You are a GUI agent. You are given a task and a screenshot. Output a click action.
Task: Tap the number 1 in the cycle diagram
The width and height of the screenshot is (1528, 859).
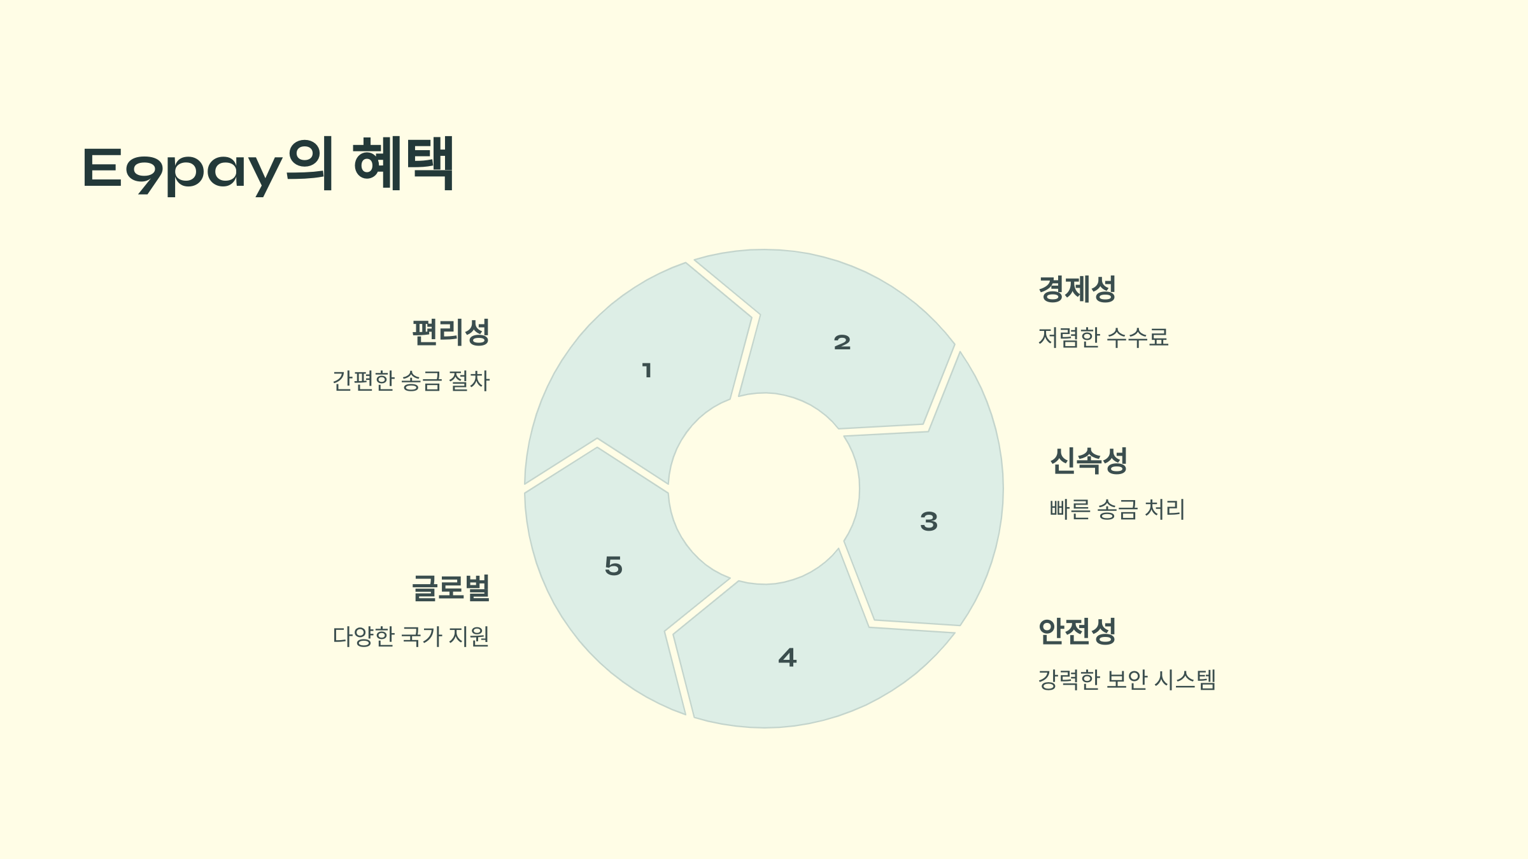coord(647,370)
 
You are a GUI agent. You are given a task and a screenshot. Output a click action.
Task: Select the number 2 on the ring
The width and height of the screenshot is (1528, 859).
coord(842,343)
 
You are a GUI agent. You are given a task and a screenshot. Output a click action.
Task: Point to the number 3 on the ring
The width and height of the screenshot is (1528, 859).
coord(929,522)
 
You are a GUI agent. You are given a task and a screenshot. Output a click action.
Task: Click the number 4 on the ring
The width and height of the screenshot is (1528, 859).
coord(788,658)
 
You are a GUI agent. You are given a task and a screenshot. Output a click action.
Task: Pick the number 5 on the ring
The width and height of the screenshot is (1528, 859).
coord(613,566)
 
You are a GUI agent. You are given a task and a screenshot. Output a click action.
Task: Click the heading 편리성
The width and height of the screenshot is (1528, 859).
coord(450,332)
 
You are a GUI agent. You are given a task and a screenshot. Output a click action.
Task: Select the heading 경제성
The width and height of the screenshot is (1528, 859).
coord(1077,289)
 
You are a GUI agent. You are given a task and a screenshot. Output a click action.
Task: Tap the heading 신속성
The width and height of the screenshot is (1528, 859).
coord(1088,461)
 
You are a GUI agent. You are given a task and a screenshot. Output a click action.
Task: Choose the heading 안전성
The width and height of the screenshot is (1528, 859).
coord(1077,631)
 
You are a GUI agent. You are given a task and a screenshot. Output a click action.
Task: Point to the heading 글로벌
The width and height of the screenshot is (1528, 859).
coord(450,588)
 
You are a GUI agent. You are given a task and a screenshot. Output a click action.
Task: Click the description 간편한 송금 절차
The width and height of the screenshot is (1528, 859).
coord(411,381)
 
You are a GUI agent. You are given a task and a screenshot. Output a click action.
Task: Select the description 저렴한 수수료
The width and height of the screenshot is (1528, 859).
coord(1103,337)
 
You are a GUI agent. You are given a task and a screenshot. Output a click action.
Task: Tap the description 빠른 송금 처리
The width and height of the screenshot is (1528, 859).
coord(1117,510)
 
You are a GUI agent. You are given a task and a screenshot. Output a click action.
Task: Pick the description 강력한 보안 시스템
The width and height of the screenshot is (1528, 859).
coord(1126,680)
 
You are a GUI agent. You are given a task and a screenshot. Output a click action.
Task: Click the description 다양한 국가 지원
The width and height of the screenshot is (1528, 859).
coord(411,636)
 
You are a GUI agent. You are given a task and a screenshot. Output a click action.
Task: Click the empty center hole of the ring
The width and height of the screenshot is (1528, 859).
coord(764,489)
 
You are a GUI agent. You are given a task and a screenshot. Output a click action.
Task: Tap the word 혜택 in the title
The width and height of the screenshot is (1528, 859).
coord(403,164)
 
